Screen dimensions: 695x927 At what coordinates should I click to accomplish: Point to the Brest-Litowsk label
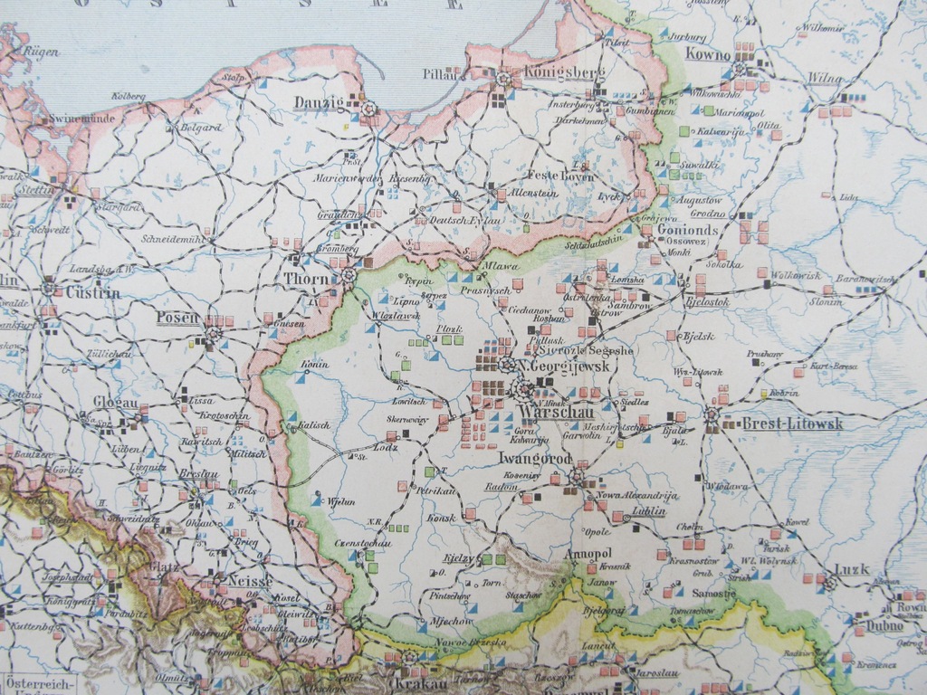(x=792, y=424)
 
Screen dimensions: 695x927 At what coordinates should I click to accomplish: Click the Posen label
(x=177, y=318)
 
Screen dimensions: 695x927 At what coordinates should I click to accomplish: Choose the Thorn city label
(x=306, y=281)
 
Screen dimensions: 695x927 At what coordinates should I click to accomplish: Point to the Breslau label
(x=198, y=474)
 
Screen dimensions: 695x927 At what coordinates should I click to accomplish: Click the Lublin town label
(x=648, y=511)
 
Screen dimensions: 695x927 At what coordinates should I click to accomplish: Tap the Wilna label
(x=824, y=79)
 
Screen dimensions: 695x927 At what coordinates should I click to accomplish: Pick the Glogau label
(x=116, y=402)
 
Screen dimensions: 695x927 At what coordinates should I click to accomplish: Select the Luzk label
(x=851, y=569)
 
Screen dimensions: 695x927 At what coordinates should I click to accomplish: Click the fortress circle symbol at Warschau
(x=524, y=391)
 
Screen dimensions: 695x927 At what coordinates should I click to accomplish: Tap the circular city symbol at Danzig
(x=368, y=109)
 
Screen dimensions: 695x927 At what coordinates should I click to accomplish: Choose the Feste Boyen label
(x=560, y=176)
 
